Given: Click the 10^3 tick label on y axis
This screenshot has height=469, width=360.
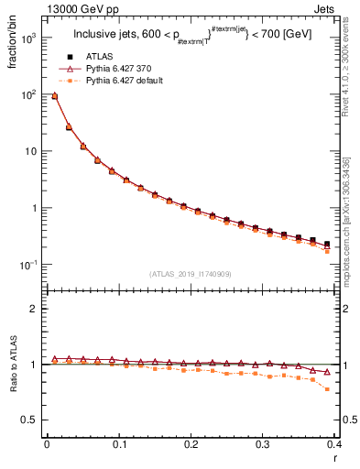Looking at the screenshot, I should point(28,38).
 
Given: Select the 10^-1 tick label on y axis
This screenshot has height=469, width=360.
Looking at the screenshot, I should point(28,265).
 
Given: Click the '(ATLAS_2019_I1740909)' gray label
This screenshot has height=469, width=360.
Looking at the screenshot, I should point(191,274).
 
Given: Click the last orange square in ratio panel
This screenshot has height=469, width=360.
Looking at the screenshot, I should point(327,389).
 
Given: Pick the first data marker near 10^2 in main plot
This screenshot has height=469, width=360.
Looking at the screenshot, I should point(54,95).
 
